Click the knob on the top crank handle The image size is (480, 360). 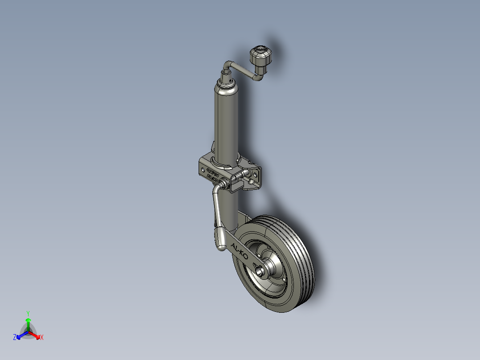(x=260, y=57)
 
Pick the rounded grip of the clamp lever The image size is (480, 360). (x=222, y=239)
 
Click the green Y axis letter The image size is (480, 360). (x=28, y=313)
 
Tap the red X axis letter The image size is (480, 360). (x=41, y=338)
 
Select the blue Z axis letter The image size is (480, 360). (x=15, y=338)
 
